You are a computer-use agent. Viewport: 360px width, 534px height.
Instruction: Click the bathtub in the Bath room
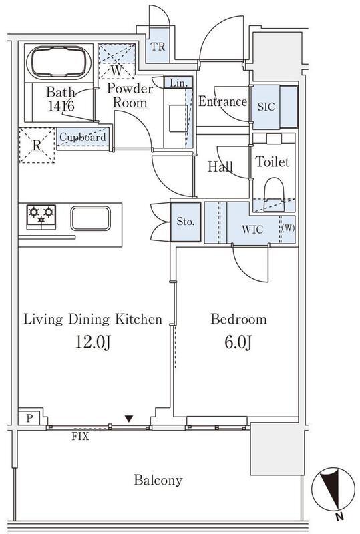(x=58, y=63)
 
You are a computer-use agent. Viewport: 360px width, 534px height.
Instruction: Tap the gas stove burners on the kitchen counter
(x=41, y=217)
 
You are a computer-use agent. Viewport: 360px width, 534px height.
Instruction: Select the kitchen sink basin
(x=91, y=218)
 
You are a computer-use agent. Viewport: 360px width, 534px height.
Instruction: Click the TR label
(x=158, y=47)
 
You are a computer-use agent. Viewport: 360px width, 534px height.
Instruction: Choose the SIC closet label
(x=266, y=107)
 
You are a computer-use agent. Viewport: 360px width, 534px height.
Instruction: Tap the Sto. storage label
(x=186, y=222)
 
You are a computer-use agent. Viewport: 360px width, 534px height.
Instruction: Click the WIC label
(x=252, y=229)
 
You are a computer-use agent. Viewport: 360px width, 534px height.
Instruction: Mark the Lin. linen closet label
(x=178, y=83)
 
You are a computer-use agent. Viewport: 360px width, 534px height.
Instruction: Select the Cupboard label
(x=83, y=137)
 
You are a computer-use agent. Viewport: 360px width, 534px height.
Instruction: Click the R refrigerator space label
(x=37, y=146)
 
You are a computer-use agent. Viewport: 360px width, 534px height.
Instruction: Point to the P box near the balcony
(x=29, y=418)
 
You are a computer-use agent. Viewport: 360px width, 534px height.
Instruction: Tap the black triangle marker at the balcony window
(x=128, y=419)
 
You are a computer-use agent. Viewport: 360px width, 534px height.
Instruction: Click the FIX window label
(x=80, y=436)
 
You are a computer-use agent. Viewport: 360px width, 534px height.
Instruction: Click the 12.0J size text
(x=92, y=342)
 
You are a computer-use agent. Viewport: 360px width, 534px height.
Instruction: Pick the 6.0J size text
(x=238, y=342)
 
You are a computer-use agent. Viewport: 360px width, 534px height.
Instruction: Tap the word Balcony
(x=158, y=480)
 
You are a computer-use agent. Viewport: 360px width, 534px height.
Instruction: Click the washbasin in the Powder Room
(x=178, y=118)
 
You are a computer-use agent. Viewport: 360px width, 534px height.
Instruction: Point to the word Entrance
(x=222, y=101)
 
